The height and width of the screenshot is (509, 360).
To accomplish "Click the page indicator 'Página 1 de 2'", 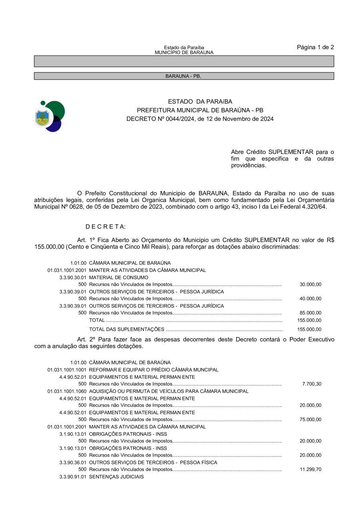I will point(315,47).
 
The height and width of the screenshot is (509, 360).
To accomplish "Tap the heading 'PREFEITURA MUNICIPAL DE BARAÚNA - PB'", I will point(200,110).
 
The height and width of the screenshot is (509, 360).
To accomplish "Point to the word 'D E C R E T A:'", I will point(106,227).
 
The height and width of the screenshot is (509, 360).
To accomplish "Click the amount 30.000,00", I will point(310,285).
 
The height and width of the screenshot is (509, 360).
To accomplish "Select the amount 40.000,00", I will point(310,299).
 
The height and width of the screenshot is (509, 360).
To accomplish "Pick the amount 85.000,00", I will point(310,313).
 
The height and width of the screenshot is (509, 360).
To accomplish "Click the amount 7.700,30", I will point(312,384).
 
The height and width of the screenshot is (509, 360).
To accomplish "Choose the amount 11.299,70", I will point(310,469).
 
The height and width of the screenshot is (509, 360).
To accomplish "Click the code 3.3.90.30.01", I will point(73,277).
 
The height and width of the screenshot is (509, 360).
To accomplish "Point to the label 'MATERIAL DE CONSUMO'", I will point(118,277).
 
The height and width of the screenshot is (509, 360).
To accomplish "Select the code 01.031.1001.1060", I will point(67,391).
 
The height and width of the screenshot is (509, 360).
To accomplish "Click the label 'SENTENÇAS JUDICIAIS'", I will point(116,477).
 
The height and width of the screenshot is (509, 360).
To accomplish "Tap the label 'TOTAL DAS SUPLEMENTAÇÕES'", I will point(126,329).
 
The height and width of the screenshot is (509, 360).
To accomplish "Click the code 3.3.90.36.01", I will point(73,463).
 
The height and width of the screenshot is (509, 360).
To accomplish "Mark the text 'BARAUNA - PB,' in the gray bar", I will point(183,76).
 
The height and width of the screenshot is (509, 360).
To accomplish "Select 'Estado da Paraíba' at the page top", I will point(184,48).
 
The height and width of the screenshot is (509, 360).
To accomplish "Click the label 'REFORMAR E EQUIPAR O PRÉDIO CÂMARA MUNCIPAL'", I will point(154,370).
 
